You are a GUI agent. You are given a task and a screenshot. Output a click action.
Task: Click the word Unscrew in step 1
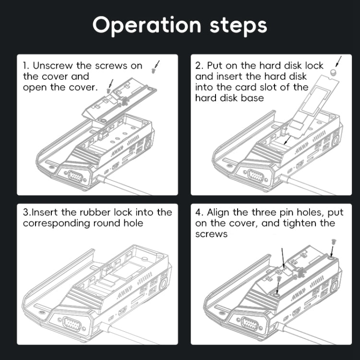(54, 66)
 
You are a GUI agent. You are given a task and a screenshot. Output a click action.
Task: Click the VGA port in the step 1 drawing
(74, 176)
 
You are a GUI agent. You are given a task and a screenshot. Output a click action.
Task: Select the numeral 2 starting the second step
(199, 66)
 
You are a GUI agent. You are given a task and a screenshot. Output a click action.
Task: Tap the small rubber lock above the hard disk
(332, 72)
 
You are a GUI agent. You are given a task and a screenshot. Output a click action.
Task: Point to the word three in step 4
(260, 213)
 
